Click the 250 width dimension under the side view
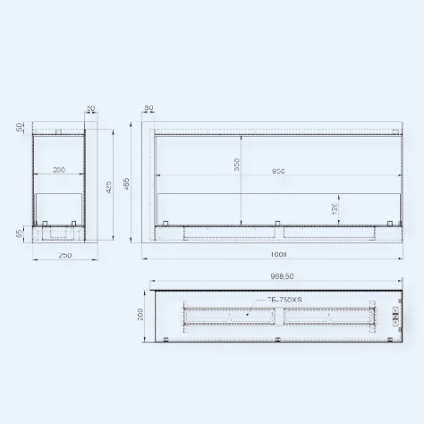(64, 254)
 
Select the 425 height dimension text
(108, 187)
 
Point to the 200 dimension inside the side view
(59, 171)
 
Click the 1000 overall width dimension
(278, 254)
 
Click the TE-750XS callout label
(282, 300)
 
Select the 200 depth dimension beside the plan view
(140, 315)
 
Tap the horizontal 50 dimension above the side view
(91, 109)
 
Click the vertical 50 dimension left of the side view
(20, 126)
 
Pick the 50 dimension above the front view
(150, 109)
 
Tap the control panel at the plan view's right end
(394, 315)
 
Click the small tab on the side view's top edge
(58, 132)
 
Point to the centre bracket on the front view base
(279, 224)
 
